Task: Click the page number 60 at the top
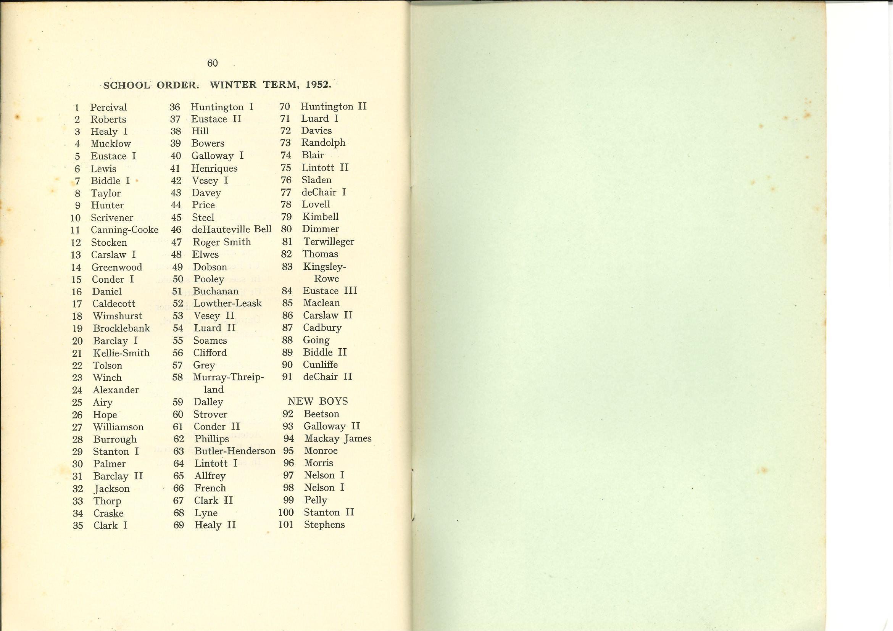point(212,63)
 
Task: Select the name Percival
point(108,108)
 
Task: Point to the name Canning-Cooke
point(124,230)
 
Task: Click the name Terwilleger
point(329,241)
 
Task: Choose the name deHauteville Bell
point(231,229)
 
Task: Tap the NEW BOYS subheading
point(318,401)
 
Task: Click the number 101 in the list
point(286,525)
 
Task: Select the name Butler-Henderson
point(235,451)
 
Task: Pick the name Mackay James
point(338,439)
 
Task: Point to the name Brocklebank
point(121,328)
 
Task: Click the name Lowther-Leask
point(227,303)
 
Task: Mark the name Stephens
point(324,525)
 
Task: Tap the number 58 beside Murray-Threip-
point(177,377)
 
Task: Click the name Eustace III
point(330,291)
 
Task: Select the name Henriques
point(214,168)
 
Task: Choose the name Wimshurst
point(118,316)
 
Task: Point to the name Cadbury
point(322,328)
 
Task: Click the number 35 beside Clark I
point(78,526)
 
